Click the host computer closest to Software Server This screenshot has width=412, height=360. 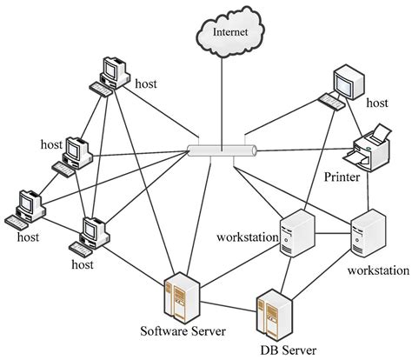point(92,232)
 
